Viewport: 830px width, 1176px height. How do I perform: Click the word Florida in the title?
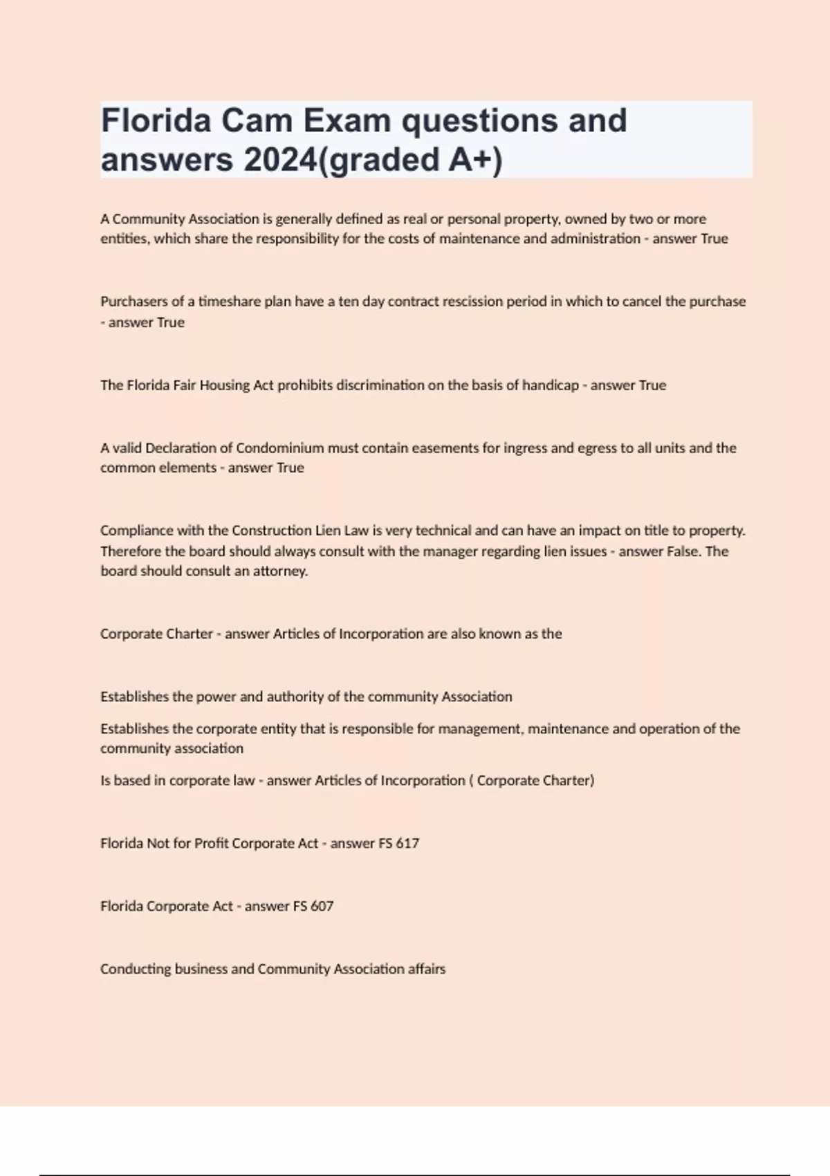(156, 121)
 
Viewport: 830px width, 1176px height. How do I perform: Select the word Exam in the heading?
(347, 121)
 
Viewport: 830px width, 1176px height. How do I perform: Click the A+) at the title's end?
(475, 160)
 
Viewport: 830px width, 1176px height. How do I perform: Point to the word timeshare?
(229, 302)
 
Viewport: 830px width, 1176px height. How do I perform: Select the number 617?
(407, 843)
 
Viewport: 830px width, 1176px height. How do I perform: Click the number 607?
(322, 906)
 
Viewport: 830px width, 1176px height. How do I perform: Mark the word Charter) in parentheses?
(568, 780)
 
